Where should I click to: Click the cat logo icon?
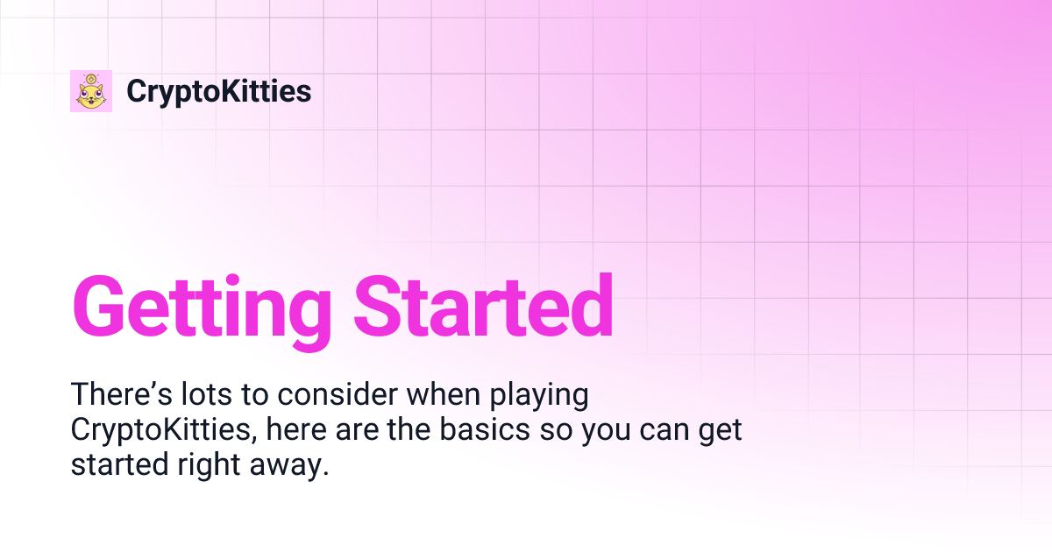pyautogui.click(x=91, y=91)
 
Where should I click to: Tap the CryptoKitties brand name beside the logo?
pyautogui.click(x=219, y=91)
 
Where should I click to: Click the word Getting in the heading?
pyautogui.click(x=202, y=308)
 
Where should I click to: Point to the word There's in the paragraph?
pyautogui.click(x=110, y=395)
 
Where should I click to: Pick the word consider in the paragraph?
pyautogui.click(x=338, y=395)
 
